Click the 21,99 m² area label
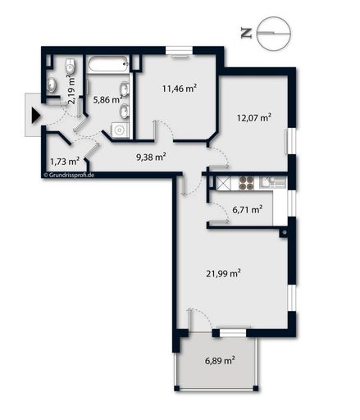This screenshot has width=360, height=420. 222,273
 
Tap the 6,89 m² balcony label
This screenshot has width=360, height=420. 219,360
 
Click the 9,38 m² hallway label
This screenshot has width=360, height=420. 151,156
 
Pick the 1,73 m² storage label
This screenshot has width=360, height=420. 65,162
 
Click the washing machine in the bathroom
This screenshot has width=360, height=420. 120,129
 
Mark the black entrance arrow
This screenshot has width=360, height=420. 34,116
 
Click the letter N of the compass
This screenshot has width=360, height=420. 245,33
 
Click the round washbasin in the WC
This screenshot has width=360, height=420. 53,81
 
